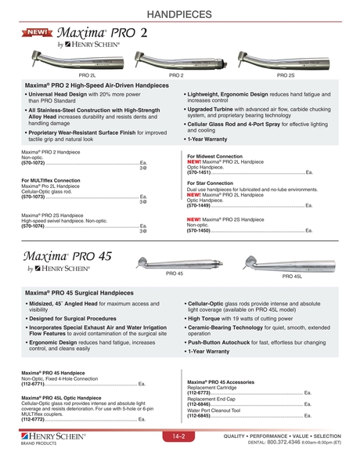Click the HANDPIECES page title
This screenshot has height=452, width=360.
click(179, 13)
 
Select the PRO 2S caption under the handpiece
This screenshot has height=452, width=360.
click(285, 74)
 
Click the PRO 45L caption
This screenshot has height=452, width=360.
click(292, 276)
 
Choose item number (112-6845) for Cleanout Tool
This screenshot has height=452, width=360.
click(200, 414)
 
